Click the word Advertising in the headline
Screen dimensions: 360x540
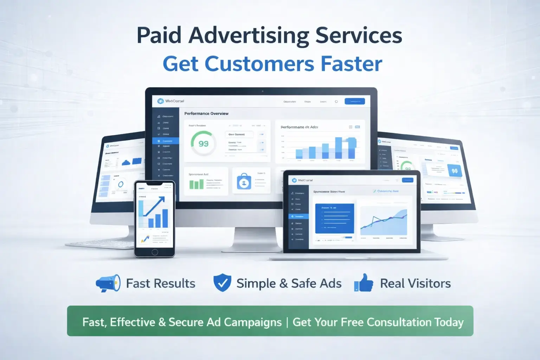[x=248, y=36]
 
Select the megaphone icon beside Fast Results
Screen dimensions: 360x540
[x=108, y=283]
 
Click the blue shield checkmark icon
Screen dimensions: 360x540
[x=222, y=283]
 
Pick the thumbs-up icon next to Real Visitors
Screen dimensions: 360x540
[x=364, y=283]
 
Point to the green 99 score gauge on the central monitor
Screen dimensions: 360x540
[x=203, y=143]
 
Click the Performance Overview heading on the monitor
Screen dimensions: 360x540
[x=206, y=114]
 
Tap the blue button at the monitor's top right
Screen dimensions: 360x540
[x=354, y=101]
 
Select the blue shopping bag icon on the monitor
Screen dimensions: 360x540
[x=244, y=182]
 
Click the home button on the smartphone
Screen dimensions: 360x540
[x=155, y=252]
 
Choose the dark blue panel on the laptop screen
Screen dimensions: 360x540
[x=334, y=218]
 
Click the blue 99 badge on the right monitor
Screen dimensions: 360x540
[x=454, y=171]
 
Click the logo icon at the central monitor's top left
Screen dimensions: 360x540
[x=161, y=101]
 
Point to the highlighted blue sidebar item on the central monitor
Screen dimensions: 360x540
[x=166, y=141]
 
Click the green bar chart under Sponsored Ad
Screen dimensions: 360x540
[x=197, y=184]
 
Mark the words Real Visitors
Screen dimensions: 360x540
[x=415, y=283]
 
